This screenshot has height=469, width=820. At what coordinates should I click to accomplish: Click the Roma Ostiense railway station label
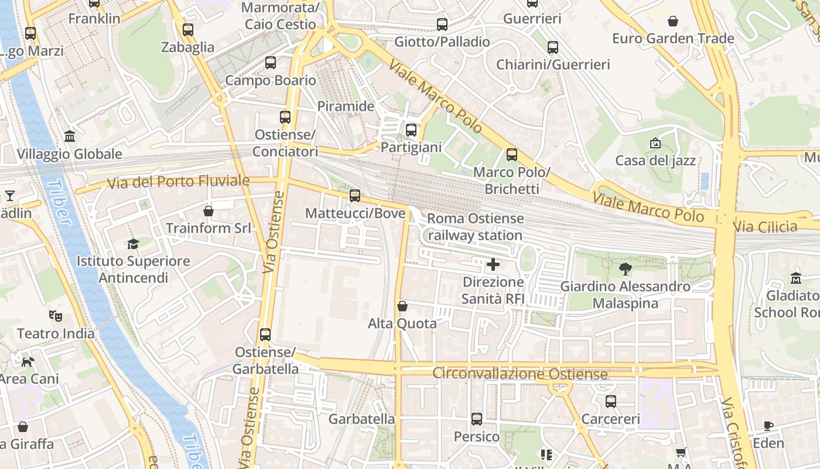tap(475, 227)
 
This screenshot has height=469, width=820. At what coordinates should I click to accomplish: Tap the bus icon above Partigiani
tap(411, 130)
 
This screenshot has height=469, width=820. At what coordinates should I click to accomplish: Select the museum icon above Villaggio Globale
tap(70, 137)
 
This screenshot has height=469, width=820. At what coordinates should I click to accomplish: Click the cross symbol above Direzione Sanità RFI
tap(493, 264)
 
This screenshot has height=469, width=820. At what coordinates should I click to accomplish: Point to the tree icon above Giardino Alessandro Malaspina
tap(625, 269)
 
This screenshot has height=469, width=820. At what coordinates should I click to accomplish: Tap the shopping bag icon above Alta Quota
tap(402, 306)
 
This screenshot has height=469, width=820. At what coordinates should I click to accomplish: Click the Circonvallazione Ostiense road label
tap(520, 373)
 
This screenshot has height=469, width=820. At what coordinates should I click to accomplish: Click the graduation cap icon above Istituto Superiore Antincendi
tap(133, 244)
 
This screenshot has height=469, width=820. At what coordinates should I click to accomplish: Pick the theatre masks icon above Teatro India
tap(56, 316)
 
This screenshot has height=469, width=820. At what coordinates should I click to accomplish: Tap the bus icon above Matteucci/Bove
tap(355, 196)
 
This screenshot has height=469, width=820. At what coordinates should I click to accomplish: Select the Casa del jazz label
tap(655, 160)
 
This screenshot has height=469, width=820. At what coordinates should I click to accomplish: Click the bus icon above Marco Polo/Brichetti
tap(512, 155)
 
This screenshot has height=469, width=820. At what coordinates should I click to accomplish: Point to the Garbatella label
tap(361, 419)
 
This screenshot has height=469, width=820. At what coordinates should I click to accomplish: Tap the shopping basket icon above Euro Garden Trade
tap(673, 21)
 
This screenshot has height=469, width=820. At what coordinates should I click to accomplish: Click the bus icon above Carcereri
tap(611, 402)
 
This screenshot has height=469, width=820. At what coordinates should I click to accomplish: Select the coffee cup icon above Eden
tap(768, 426)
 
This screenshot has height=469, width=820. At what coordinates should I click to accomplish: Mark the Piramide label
tap(346, 106)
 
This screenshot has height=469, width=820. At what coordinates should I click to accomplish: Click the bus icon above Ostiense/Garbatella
tap(265, 335)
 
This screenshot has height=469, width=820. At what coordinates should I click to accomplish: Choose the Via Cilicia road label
tap(766, 226)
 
